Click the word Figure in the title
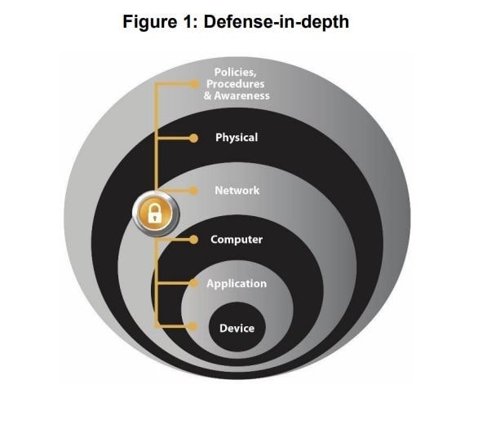(x=149, y=23)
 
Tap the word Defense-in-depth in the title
(x=277, y=22)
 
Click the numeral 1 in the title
(x=188, y=22)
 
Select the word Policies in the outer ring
(x=236, y=73)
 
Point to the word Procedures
(x=236, y=84)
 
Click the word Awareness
(x=241, y=95)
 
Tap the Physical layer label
(x=237, y=138)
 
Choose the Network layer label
(x=237, y=191)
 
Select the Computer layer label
(x=237, y=240)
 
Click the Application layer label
(x=237, y=284)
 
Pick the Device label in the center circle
(x=237, y=329)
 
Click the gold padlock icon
(x=156, y=214)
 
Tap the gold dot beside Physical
(x=193, y=138)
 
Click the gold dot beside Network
(x=193, y=191)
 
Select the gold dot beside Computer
(x=193, y=240)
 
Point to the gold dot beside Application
(x=193, y=283)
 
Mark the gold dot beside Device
(x=193, y=326)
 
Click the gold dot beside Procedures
(x=194, y=84)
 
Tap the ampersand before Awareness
(x=208, y=95)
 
